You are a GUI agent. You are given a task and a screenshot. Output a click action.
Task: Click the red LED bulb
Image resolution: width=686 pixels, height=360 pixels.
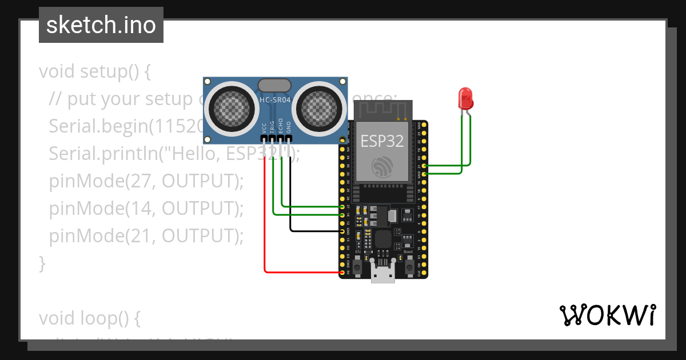466,98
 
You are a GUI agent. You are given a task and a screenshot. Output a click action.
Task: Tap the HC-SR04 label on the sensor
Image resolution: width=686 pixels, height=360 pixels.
276,100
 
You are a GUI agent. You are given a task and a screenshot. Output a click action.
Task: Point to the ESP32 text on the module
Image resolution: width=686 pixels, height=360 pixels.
382,141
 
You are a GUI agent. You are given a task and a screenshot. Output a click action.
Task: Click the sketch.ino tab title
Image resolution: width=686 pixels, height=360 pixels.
101,25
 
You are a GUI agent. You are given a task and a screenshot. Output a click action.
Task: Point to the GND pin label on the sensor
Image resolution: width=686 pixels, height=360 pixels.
289,127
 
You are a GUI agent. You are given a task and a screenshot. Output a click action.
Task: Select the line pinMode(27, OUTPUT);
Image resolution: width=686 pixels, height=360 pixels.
146,181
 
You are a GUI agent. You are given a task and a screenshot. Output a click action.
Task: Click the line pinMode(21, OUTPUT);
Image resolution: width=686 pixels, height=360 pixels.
146,235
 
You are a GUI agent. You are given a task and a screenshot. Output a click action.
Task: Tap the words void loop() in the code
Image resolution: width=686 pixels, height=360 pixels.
89,317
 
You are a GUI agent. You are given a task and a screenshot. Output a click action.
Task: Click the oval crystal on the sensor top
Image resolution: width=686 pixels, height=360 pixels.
275,85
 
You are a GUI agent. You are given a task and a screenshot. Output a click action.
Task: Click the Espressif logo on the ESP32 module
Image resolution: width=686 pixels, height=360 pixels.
382,166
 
